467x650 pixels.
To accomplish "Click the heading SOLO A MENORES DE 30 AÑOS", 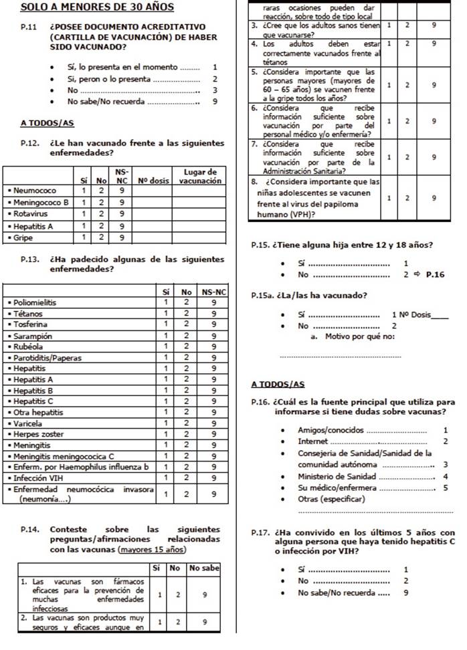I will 98,7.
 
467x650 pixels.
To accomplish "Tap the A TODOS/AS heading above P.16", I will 278,385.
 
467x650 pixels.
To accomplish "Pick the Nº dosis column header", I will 153,181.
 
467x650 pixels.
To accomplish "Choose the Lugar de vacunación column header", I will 200,176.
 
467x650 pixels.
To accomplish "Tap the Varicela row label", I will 28,423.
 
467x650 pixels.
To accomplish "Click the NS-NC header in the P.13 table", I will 213,292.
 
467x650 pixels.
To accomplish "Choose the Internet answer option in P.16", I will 314,441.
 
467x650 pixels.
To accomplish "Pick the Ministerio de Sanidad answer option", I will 337,476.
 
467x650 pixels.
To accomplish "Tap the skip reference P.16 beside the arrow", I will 436,274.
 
